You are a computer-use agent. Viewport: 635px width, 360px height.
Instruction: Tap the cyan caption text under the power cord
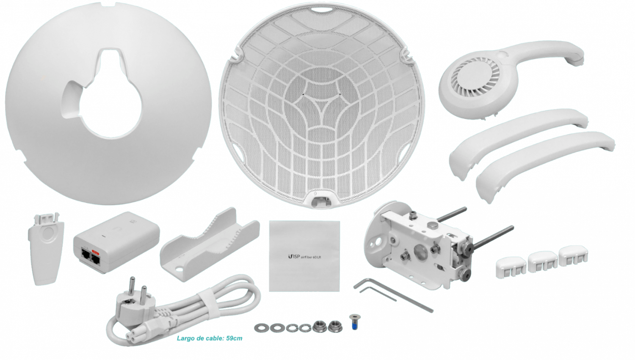tap(209, 338)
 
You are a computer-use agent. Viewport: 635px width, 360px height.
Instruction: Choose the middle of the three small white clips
tap(542, 261)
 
